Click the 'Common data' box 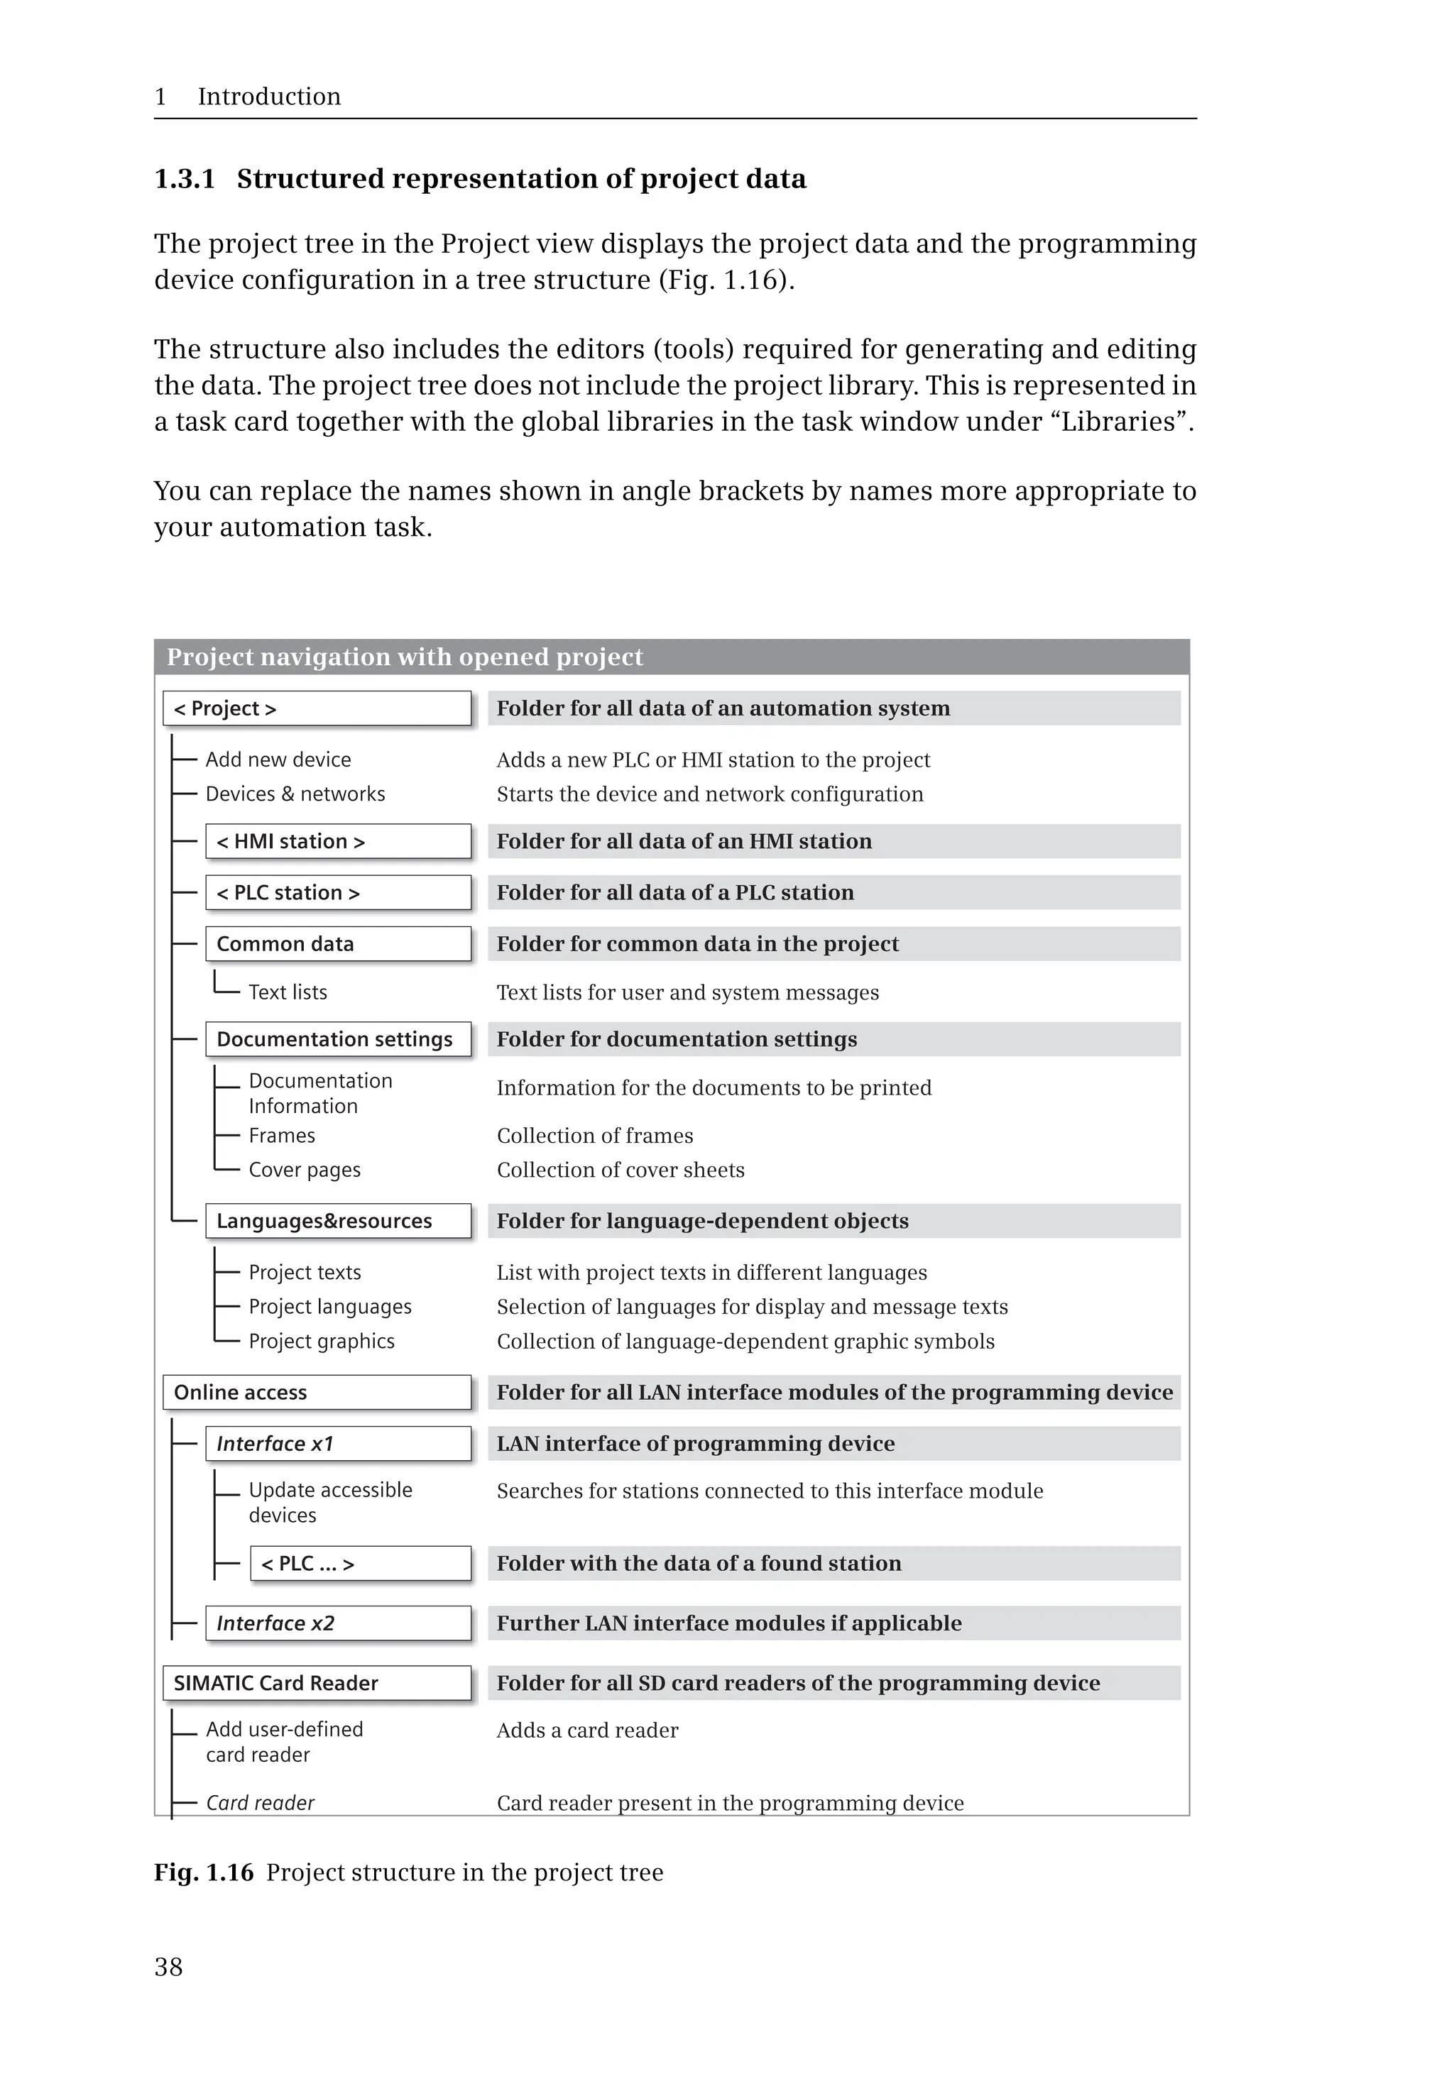(x=338, y=943)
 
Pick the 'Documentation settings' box (x=338, y=1038)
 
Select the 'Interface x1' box (x=338, y=1443)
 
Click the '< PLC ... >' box (x=360, y=1563)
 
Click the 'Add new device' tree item (x=278, y=759)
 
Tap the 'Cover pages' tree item (x=305, y=1170)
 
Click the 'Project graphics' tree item (x=322, y=1341)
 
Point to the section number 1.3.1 (x=185, y=179)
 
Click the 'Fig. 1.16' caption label (x=203, y=1872)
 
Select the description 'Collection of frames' (x=595, y=1135)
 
